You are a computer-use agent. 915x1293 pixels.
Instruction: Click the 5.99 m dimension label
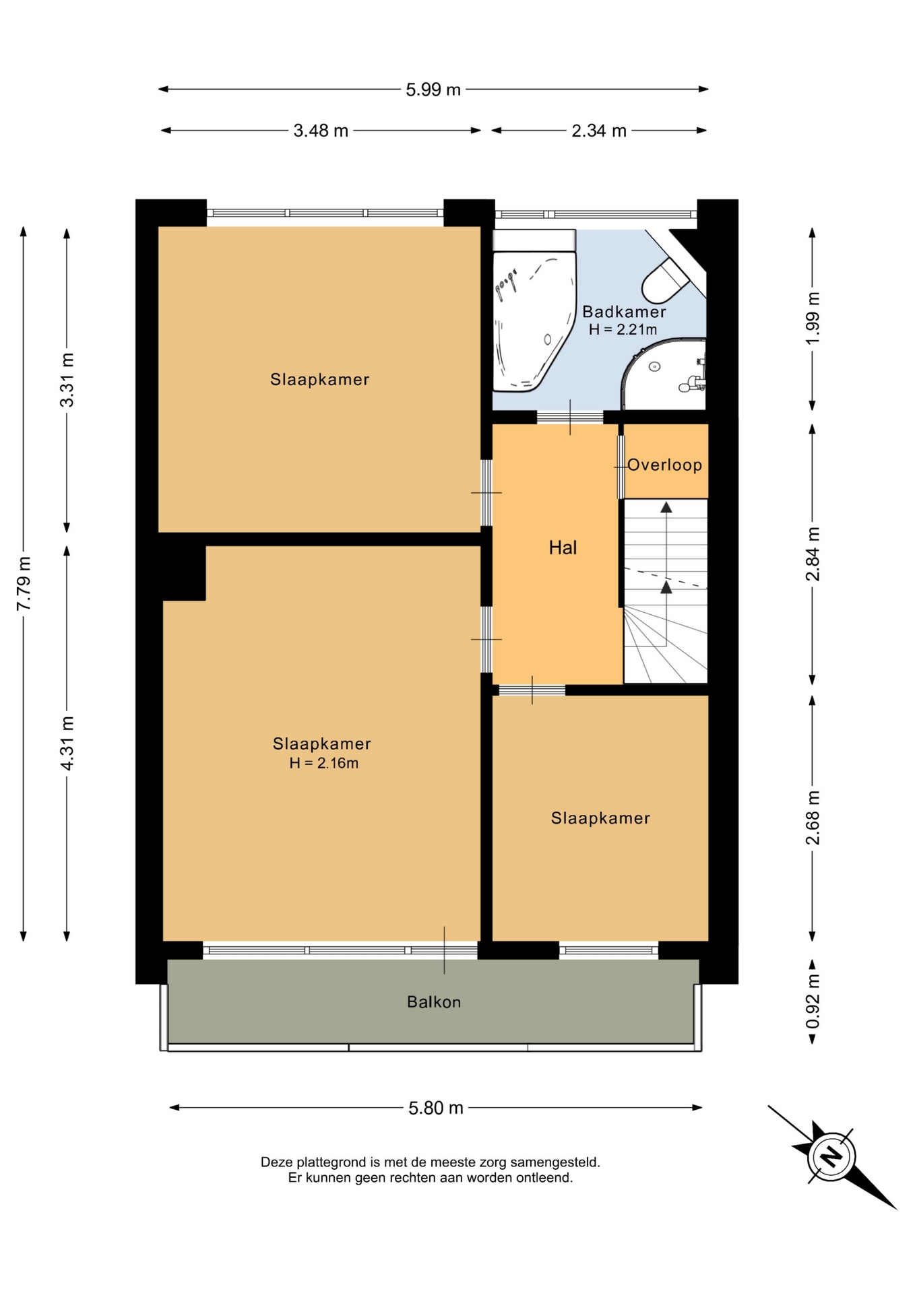click(433, 90)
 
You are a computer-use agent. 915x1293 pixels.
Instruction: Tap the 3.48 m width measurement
click(321, 131)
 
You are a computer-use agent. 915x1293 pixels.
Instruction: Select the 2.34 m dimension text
click(599, 131)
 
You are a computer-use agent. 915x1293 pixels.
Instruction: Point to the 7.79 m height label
click(24, 583)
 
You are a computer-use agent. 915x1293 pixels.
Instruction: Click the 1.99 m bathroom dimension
click(813, 318)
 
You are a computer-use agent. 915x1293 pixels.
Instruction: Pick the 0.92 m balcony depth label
click(813, 1001)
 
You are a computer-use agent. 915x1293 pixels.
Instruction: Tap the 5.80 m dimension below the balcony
click(436, 1108)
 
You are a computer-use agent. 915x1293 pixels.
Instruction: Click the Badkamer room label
click(624, 312)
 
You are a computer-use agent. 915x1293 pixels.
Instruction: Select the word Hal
click(563, 548)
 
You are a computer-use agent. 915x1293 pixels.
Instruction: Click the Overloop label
click(665, 465)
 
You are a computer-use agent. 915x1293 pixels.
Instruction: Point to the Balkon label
click(434, 1002)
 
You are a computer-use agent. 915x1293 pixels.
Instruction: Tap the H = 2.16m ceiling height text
click(323, 763)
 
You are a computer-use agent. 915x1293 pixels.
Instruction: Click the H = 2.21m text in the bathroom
click(623, 329)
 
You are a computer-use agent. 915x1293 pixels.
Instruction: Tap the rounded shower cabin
click(664, 374)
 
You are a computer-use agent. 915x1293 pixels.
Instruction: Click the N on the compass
click(833, 1156)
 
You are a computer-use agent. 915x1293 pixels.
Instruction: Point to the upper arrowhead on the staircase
click(666, 507)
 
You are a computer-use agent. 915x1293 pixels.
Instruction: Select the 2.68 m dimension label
click(813, 818)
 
